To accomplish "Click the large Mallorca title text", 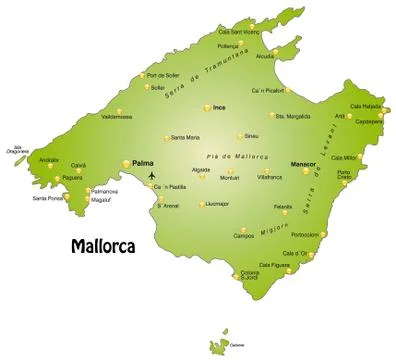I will [105, 243].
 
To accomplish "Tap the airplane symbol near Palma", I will [152, 177].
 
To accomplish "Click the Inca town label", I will [220, 106].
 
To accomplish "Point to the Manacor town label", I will [302, 162].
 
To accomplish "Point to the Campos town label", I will [243, 236].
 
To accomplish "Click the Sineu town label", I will [251, 135].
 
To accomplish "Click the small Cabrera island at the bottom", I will [219, 346].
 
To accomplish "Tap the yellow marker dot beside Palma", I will [125, 162].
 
